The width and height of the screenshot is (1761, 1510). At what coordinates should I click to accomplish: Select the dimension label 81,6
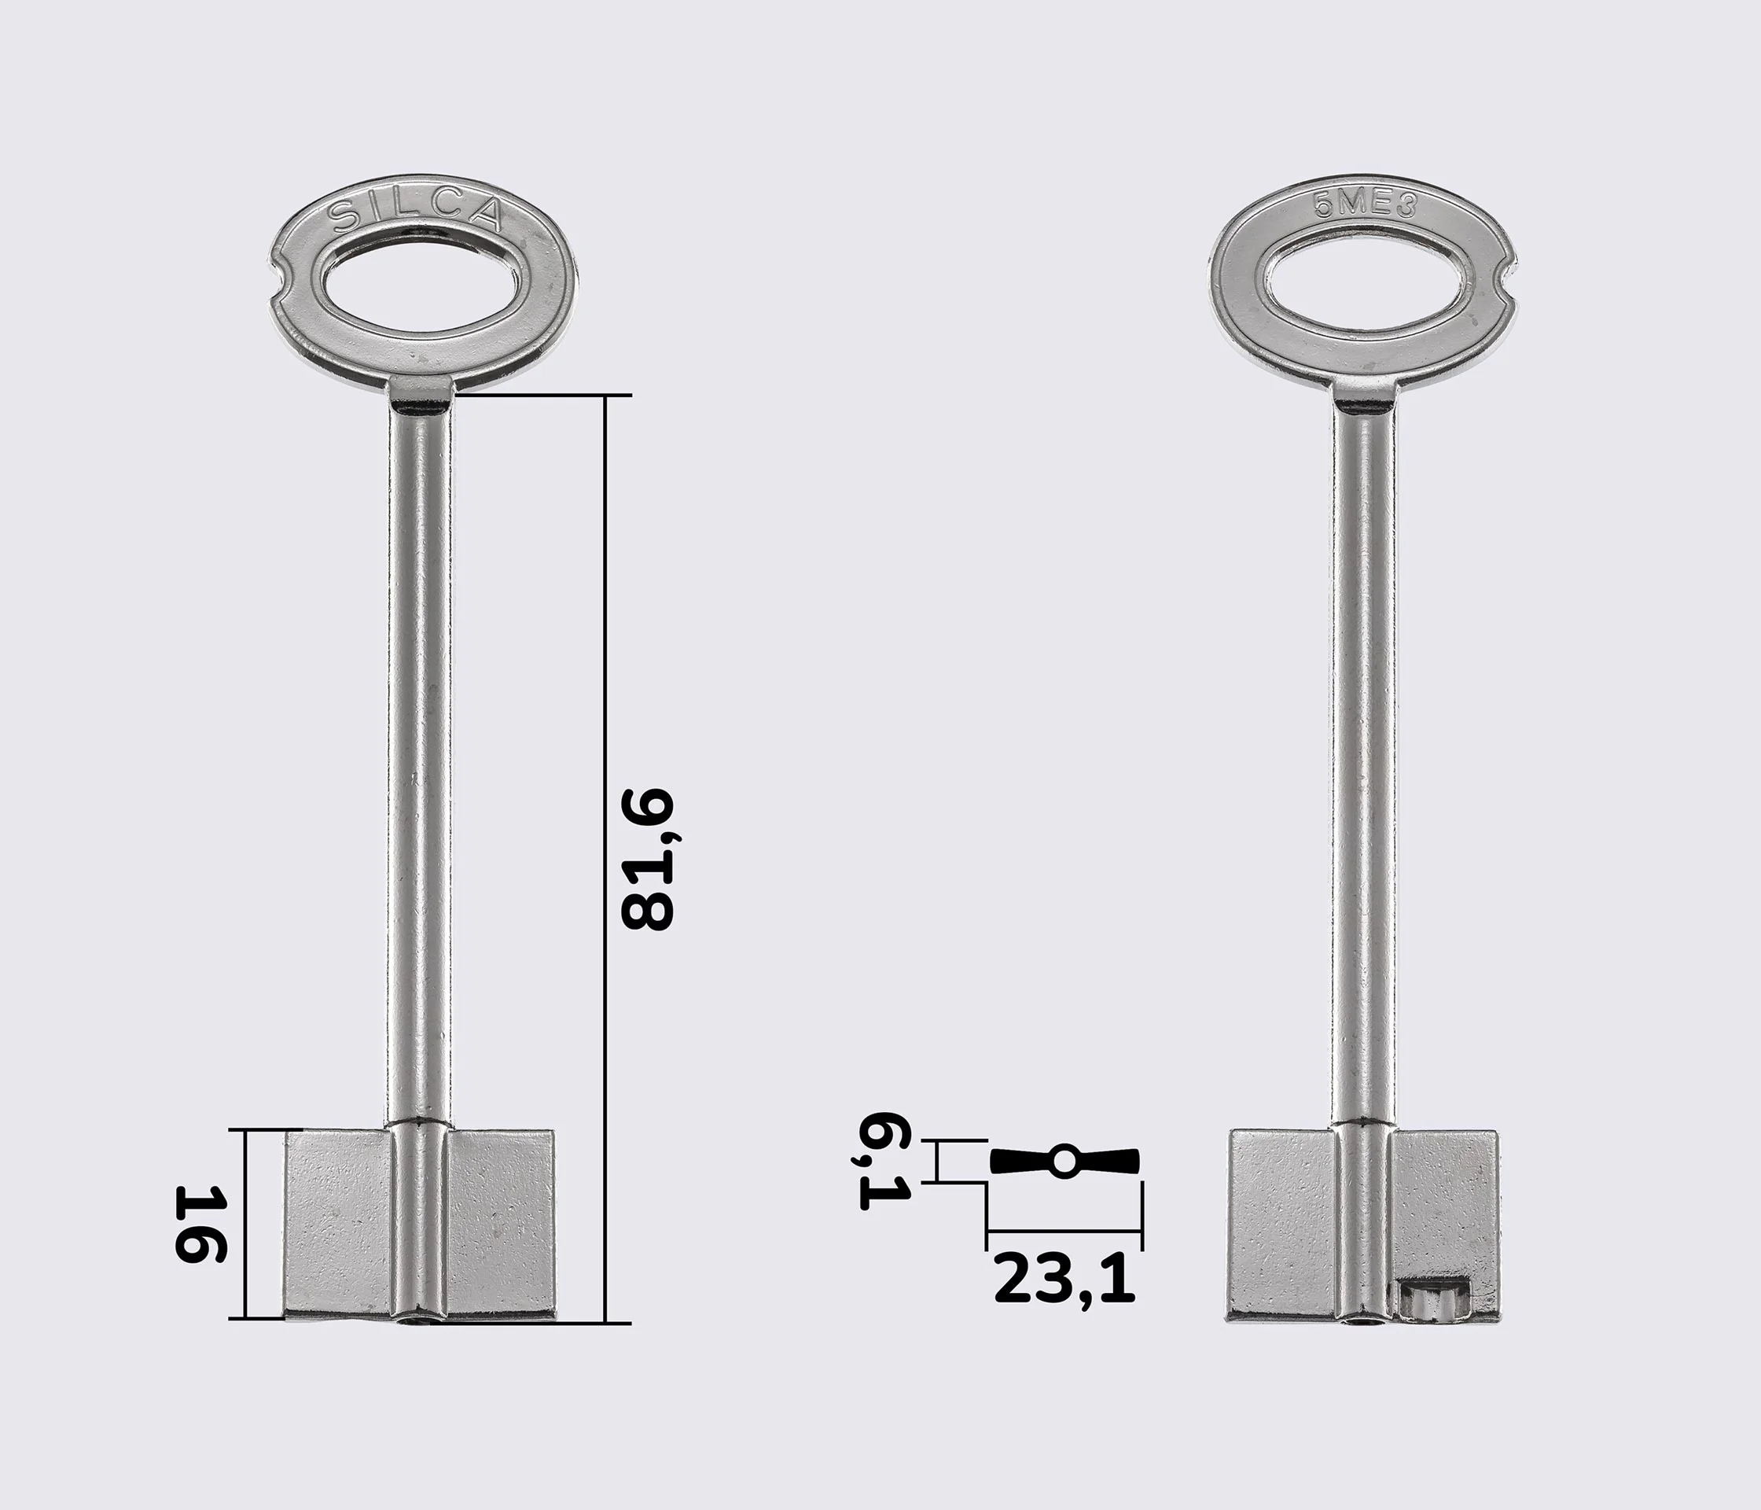[x=648, y=860]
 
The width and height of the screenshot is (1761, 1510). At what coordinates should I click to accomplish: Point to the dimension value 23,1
[x=1064, y=1280]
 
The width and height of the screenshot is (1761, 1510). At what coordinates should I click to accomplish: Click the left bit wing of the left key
[x=338, y=1225]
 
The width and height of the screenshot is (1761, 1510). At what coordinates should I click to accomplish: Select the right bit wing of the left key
[x=502, y=1225]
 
